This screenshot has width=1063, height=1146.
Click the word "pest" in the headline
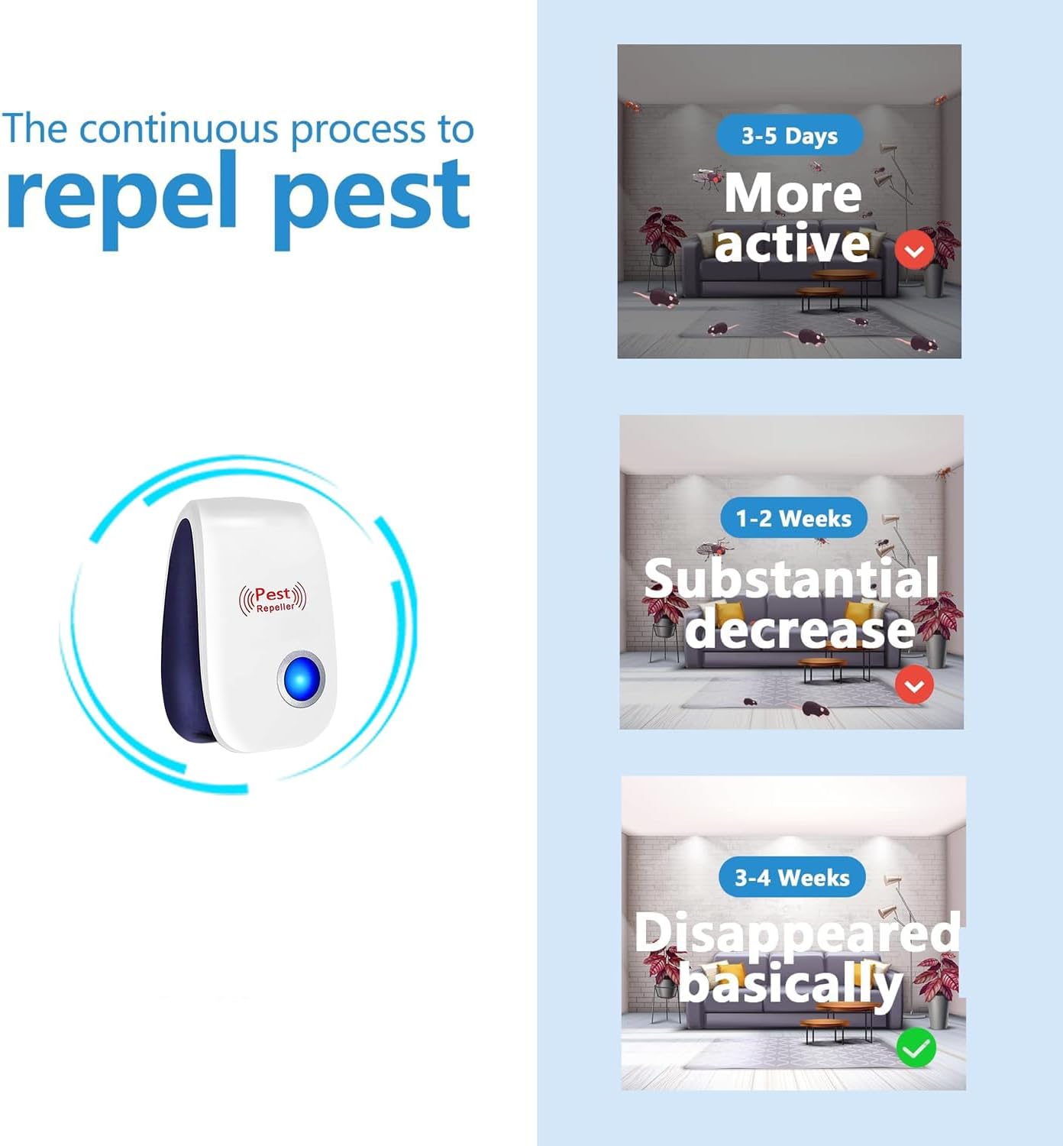click(371, 197)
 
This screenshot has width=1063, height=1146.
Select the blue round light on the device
click(301, 678)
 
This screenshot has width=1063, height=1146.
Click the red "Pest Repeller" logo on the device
click(273, 598)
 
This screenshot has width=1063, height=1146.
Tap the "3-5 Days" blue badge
click(790, 136)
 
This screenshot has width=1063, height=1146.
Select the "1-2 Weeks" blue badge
click(793, 518)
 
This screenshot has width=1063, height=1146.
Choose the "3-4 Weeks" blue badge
click(792, 877)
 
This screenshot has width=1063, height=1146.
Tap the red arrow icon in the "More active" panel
click(914, 249)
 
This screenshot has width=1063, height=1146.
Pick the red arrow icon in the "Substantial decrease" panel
click(913, 685)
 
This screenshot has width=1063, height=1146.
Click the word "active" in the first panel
click(792, 244)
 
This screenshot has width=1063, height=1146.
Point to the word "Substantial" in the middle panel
click(791, 578)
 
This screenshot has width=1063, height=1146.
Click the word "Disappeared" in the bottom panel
click(796, 932)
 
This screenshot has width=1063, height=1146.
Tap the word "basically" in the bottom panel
click(791, 983)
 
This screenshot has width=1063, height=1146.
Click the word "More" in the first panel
click(793, 193)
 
